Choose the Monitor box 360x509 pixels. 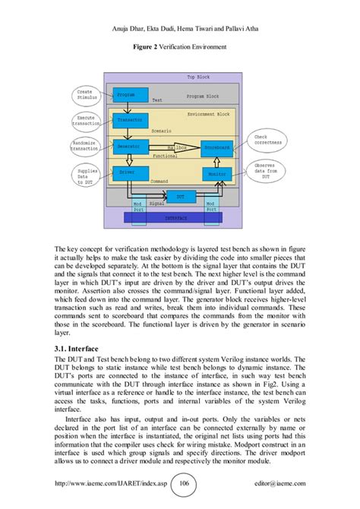[216, 173]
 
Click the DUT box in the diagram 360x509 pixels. [180, 196]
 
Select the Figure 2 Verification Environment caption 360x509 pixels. [180, 46]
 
